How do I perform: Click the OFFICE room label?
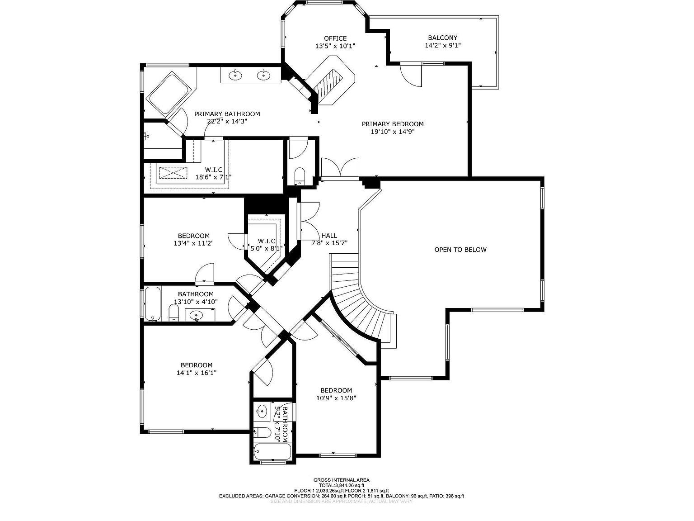tap(335, 38)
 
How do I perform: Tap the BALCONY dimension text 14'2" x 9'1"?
tap(442, 45)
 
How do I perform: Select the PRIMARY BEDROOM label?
tap(393, 124)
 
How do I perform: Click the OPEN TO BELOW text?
tap(460, 250)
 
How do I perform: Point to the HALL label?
tap(329, 236)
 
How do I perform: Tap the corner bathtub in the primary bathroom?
tap(169, 94)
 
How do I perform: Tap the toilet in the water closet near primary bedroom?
tap(300, 175)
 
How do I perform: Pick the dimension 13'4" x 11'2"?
tap(193, 243)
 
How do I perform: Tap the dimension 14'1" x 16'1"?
tap(197, 373)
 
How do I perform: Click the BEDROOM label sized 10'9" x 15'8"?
tap(336, 390)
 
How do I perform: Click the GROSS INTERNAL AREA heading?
tap(341, 480)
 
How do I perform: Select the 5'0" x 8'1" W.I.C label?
tap(267, 241)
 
